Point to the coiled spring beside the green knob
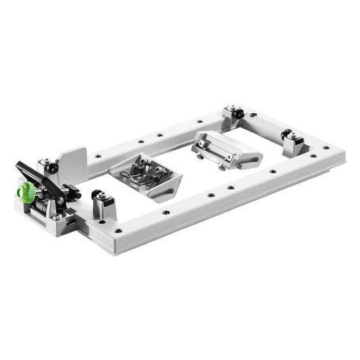tap(41, 201)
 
